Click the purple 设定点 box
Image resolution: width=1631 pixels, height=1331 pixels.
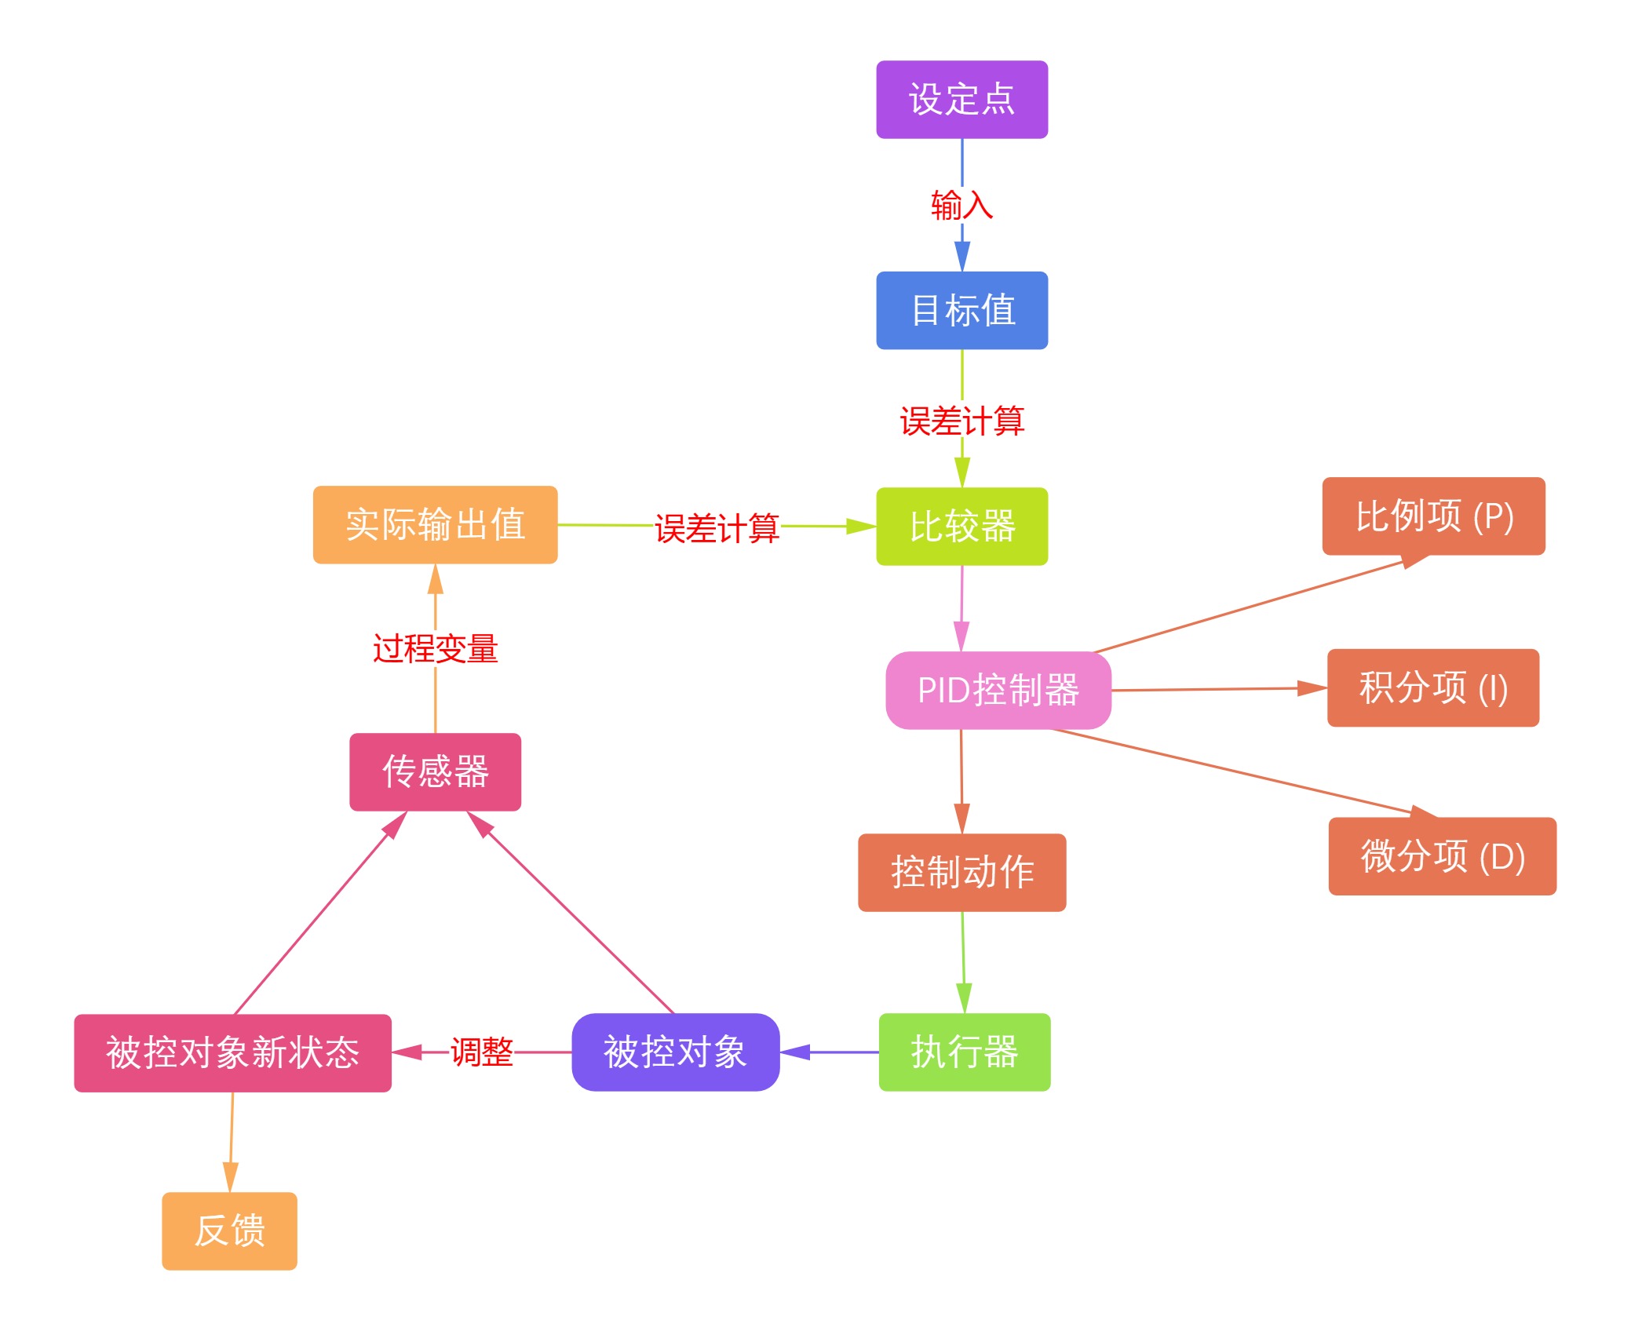pyautogui.click(x=961, y=100)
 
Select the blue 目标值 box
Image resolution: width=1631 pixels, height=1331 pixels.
pyautogui.click(x=961, y=310)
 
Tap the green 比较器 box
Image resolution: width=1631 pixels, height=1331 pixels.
pyautogui.click(x=961, y=526)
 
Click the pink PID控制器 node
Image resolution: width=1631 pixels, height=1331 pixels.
pyautogui.click(x=998, y=690)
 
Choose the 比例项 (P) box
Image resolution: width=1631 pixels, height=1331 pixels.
pyautogui.click(x=1433, y=516)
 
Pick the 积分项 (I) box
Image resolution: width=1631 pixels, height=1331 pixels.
pyautogui.click(x=1432, y=687)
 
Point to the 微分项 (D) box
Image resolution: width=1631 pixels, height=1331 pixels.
pyautogui.click(x=1442, y=855)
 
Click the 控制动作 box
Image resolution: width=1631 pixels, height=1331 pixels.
pyautogui.click(x=961, y=872)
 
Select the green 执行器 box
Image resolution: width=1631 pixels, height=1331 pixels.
pyautogui.click(x=964, y=1052)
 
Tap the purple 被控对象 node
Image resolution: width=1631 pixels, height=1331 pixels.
pyautogui.click(x=675, y=1052)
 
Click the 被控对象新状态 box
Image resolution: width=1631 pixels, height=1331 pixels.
pyautogui.click(x=232, y=1052)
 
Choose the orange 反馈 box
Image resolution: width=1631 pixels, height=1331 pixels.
pyautogui.click(x=229, y=1231)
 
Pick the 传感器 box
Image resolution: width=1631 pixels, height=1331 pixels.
pyautogui.click(x=435, y=771)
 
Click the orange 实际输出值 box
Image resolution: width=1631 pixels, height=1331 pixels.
pyautogui.click(x=435, y=524)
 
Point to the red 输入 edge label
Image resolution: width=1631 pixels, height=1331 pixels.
pyautogui.click(x=961, y=206)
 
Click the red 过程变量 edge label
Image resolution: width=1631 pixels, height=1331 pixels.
pyautogui.click(x=435, y=649)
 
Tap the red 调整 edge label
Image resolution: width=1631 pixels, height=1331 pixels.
pyautogui.click(x=481, y=1052)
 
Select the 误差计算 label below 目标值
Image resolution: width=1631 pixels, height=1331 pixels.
pyautogui.click(x=961, y=421)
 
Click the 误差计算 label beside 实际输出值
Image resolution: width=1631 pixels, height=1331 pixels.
pyautogui.click(x=717, y=528)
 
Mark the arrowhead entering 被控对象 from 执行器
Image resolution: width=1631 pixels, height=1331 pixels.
pyautogui.click(x=794, y=1052)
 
